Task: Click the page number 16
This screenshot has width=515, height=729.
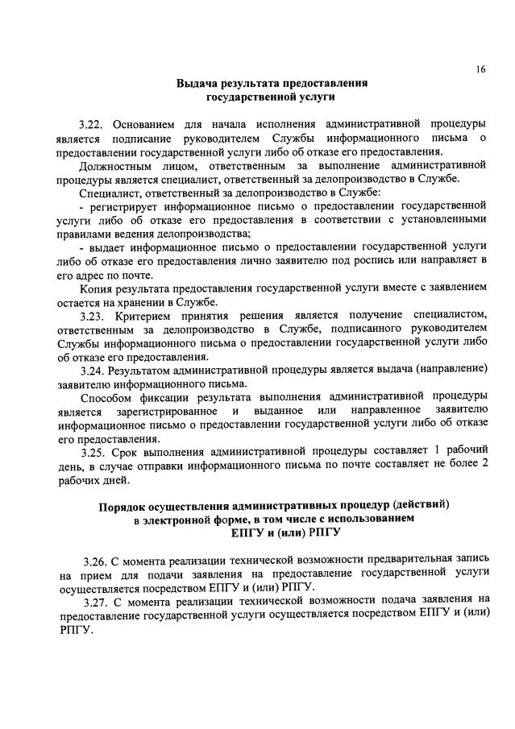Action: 480,69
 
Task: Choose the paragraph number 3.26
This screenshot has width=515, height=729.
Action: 96,559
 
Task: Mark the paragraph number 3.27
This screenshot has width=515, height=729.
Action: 96,601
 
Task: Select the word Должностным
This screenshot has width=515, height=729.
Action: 115,165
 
